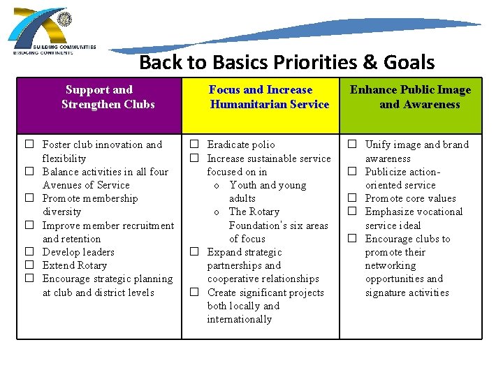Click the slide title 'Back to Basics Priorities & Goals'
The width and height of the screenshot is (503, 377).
tap(286, 62)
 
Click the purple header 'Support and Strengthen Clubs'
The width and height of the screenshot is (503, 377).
tap(108, 97)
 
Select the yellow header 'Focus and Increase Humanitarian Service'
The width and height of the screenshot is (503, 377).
tap(269, 97)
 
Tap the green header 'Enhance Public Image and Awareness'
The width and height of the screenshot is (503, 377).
tap(411, 97)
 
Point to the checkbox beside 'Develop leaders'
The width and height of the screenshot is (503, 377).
tap(30, 252)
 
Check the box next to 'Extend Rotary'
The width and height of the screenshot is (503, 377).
tap(30, 265)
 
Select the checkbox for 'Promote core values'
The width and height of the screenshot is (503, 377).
tap(353, 198)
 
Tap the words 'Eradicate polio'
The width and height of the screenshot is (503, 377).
tap(241, 145)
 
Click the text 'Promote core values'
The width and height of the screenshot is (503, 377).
tap(410, 198)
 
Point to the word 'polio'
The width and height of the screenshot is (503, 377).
tap(263, 145)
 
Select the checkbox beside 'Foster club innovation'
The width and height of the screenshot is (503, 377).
tap(30, 145)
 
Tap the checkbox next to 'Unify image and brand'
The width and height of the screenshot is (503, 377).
tap(353, 145)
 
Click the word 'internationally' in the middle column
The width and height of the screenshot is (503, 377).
tap(239, 319)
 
